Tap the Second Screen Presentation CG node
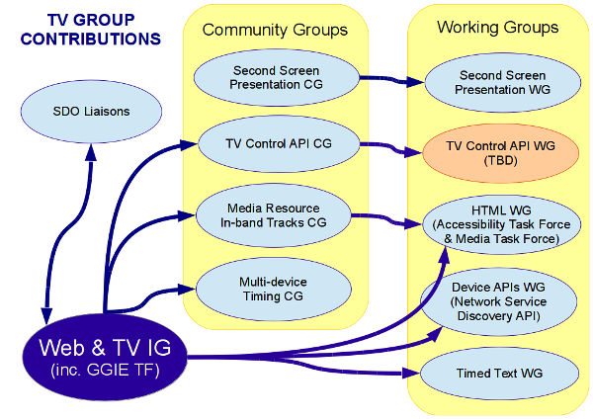268,78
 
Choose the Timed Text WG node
498,374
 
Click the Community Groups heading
275,30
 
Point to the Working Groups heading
497,27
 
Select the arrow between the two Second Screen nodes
384,84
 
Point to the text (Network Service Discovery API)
497,307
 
